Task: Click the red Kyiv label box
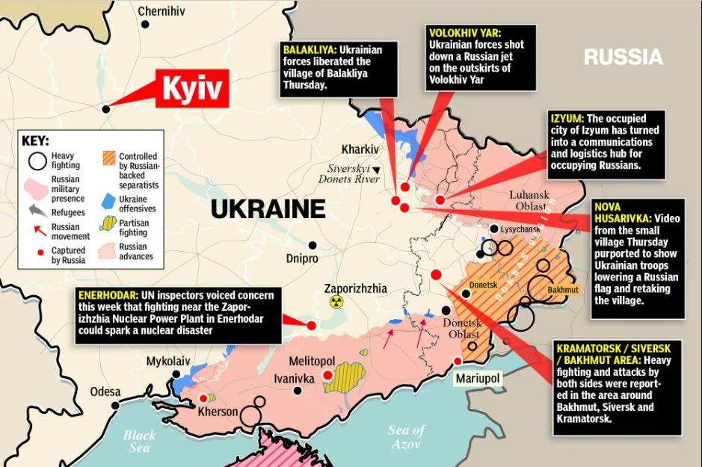click(x=193, y=90)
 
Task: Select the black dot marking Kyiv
click(x=106, y=109)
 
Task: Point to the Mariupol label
click(x=477, y=379)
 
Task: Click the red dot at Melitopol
click(x=327, y=376)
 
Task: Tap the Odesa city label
click(x=105, y=392)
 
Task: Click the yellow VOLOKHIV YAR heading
click(x=464, y=33)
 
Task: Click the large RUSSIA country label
click(x=623, y=57)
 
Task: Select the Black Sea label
click(x=139, y=441)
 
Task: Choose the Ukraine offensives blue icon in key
click(x=108, y=200)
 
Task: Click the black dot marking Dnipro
click(x=312, y=245)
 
